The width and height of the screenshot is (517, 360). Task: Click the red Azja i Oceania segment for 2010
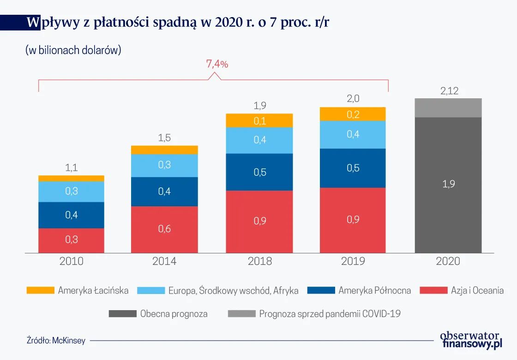(x=71, y=240)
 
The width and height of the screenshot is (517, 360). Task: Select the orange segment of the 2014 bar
(x=164, y=150)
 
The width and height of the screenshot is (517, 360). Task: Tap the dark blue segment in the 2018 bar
(x=259, y=172)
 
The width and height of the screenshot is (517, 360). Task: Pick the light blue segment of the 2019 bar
(x=353, y=134)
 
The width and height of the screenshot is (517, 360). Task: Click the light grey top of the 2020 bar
(x=448, y=108)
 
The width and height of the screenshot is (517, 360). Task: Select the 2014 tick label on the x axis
(x=164, y=261)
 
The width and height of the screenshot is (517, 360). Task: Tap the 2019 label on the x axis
(x=353, y=261)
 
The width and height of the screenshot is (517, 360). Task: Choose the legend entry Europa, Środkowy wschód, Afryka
(x=233, y=290)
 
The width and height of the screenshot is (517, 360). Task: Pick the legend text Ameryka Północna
(x=374, y=290)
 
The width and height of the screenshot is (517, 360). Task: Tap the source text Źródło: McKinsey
(x=56, y=341)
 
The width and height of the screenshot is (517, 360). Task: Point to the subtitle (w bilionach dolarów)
(x=73, y=50)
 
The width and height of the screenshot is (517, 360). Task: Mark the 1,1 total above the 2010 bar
(x=71, y=168)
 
